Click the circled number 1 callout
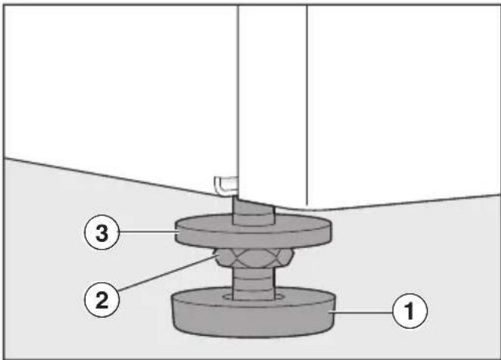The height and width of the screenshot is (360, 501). [x=410, y=311]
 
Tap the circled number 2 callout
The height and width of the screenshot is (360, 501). [x=102, y=299]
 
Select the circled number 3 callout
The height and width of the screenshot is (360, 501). [x=102, y=232]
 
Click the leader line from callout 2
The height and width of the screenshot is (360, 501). [x=166, y=273]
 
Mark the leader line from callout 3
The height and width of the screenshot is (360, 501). [x=148, y=231]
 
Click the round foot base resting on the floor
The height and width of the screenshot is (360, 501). [x=253, y=312]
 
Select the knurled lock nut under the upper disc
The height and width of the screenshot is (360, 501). [x=254, y=258]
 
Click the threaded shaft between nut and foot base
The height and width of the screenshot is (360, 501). [x=254, y=284]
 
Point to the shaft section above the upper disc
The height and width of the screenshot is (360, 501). [x=254, y=212]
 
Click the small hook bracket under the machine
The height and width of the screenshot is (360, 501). [x=226, y=185]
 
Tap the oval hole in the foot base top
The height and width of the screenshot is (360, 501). [x=254, y=297]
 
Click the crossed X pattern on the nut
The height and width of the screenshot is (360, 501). [x=254, y=258]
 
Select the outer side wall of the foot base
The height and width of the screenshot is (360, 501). [x=253, y=319]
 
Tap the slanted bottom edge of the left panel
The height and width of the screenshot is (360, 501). [x=121, y=176]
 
